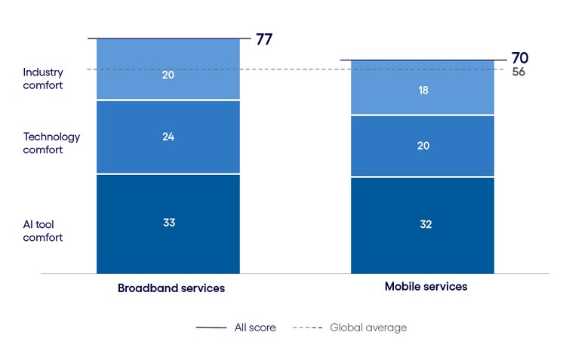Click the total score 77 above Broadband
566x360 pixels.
tap(264, 39)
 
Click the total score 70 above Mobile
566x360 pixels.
tap(520, 58)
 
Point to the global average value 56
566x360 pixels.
tap(518, 72)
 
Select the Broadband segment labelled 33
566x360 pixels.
tap(168, 223)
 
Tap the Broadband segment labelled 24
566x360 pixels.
tap(168, 137)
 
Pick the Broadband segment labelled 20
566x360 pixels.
tap(168, 75)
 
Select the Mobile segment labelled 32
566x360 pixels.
tap(423, 225)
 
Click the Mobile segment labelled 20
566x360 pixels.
tap(423, 146)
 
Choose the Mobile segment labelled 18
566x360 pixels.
tap(423, 89)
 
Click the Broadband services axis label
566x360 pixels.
tap(171, 288)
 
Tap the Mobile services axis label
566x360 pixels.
tap(426, 287)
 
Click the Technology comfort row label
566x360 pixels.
tap(51, 143)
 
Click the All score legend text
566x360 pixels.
tap(254, 328)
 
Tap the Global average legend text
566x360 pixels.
tap(368, 328)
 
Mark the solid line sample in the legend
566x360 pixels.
tap(211, 328)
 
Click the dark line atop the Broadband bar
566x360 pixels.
tap(168, 38)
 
